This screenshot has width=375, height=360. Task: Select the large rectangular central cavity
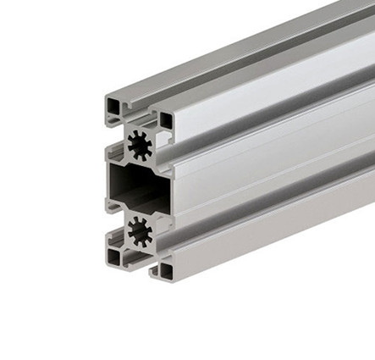135,187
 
